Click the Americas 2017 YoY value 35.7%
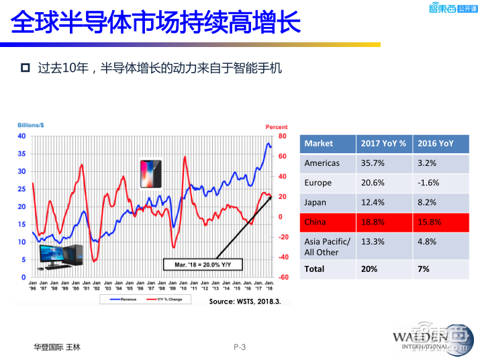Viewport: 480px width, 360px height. (x=373, y=163)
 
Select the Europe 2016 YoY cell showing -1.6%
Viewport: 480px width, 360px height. (x=427, y=182)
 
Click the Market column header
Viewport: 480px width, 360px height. (x=318, y=143)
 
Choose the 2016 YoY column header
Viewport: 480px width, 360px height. (x=435, y=143)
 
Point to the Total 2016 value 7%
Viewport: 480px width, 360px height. (x=424, y=269)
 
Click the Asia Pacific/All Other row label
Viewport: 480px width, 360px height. (x=327, y=246)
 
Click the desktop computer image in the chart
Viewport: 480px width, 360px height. (x=60, y=257)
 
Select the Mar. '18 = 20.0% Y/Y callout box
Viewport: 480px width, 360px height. (x=200, y=265)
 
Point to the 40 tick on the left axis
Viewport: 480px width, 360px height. (x=21, y=136)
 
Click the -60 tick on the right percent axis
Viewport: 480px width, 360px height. (x=283, y=277)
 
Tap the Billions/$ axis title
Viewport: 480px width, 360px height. (x=30, y=126)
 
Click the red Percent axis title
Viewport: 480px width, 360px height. (x=276, y=126)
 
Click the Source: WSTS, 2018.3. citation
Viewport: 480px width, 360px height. (x=244, y=302)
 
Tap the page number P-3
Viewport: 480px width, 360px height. (x=240, y=347)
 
